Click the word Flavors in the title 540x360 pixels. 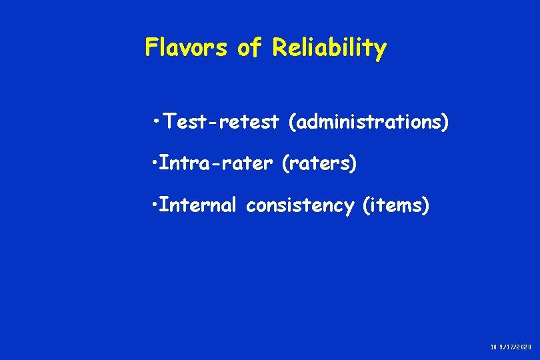coord(185,48)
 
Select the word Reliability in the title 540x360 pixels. coord(329,48)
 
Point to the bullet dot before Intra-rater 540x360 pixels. coord(155,164)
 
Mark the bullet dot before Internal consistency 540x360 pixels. coord(155,206)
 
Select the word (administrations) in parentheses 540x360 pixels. coord(369,123)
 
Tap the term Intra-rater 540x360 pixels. coord(217,164)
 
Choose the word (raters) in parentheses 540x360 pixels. coord(319,164)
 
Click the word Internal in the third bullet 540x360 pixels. coord(199,206)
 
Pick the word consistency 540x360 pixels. coord(300,206)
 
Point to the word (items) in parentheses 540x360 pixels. coord(395,206)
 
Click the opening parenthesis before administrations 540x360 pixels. coord(292,123)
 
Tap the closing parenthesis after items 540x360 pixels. coord(426,207)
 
